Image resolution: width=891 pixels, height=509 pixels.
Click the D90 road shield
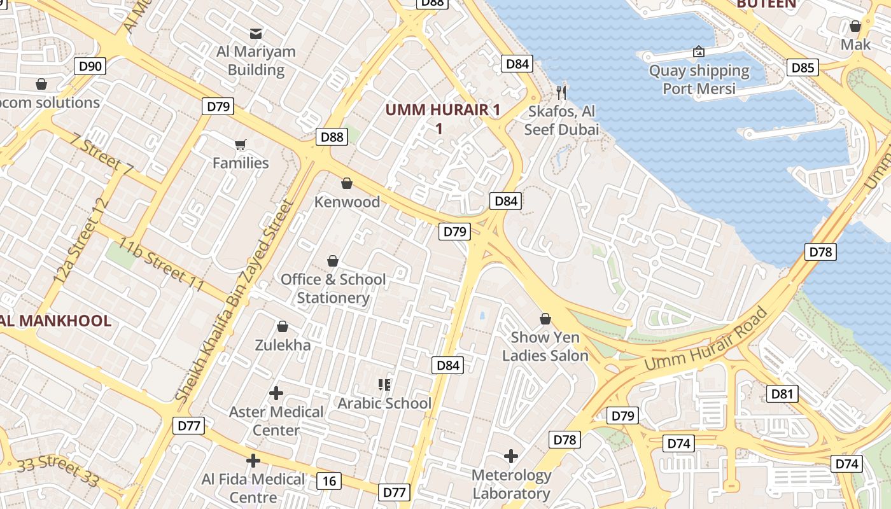coord(90,66)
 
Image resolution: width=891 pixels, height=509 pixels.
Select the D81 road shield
coord(782,394)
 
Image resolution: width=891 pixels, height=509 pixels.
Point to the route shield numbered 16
coord(328,481)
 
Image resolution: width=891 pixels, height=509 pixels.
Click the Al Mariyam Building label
coord(256,60)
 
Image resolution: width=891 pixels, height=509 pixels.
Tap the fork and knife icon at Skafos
coord(561,93)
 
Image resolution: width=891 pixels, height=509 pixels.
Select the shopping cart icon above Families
coord(240,145)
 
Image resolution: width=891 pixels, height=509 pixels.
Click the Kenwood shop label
coord(347,202)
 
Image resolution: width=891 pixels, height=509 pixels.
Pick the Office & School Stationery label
coord(333,288)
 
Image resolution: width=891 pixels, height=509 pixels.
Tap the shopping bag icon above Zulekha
coord(283,327)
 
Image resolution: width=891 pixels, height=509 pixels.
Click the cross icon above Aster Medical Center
coord(276,393)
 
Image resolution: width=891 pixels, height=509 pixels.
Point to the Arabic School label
coord(384,403)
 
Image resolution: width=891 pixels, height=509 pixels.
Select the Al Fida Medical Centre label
coord(253,487)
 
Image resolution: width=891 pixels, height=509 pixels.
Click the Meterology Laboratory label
coord(511,484)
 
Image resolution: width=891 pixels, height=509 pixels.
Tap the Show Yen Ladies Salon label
coord(545,346)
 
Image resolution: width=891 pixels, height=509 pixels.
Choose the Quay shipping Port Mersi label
coord(699,79)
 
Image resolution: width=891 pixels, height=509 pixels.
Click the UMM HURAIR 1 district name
coord(442,118)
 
